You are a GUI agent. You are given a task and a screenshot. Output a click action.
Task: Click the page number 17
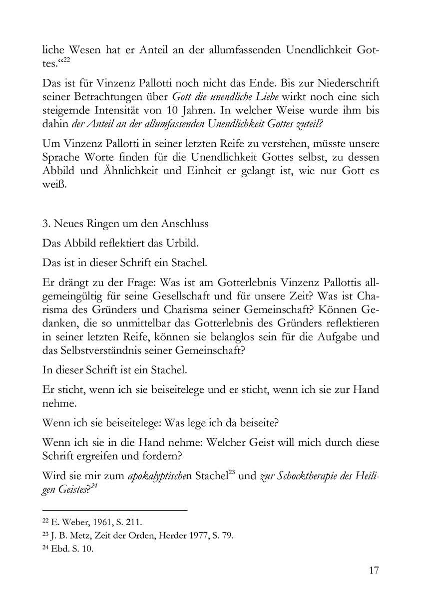pyautogui.click(x=373, y=571)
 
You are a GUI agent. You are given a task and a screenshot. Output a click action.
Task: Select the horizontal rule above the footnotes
pyautogui.click(x=115, y=510)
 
